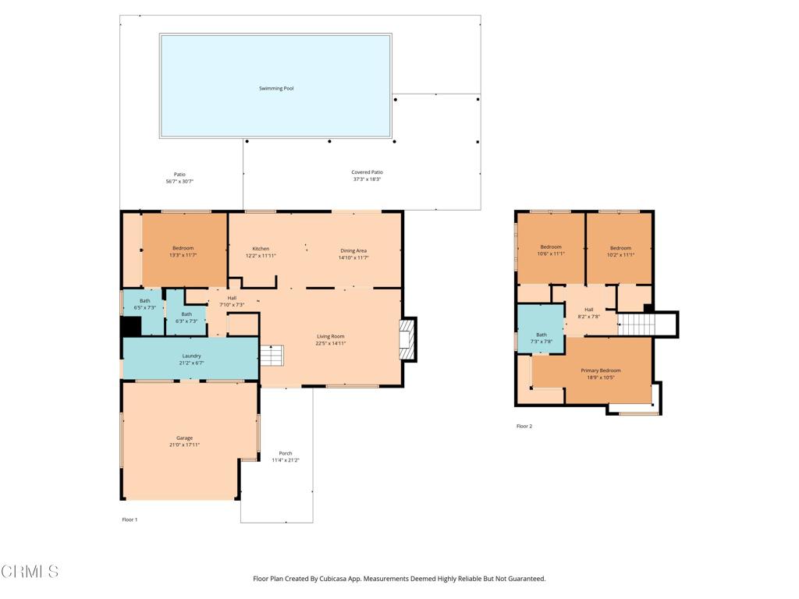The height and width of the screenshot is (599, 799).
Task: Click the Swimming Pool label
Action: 276,88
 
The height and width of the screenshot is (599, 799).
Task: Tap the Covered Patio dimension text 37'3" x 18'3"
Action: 367,179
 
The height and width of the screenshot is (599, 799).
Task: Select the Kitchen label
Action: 261,249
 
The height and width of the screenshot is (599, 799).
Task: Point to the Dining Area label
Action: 353,250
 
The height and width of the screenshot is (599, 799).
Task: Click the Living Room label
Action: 331,336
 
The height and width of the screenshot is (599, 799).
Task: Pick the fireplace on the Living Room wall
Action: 408,340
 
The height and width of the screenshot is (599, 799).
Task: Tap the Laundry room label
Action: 192,356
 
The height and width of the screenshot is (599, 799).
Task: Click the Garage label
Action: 184,438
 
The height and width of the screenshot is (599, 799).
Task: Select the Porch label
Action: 286,453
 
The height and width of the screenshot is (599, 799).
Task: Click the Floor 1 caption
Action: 130,519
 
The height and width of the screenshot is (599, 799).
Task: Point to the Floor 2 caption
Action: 524,427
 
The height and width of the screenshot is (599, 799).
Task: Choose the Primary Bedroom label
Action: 601,370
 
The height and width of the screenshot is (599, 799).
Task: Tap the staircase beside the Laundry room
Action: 272,356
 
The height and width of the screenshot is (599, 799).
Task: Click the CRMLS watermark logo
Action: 30,572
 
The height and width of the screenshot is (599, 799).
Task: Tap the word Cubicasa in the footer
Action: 333,579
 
